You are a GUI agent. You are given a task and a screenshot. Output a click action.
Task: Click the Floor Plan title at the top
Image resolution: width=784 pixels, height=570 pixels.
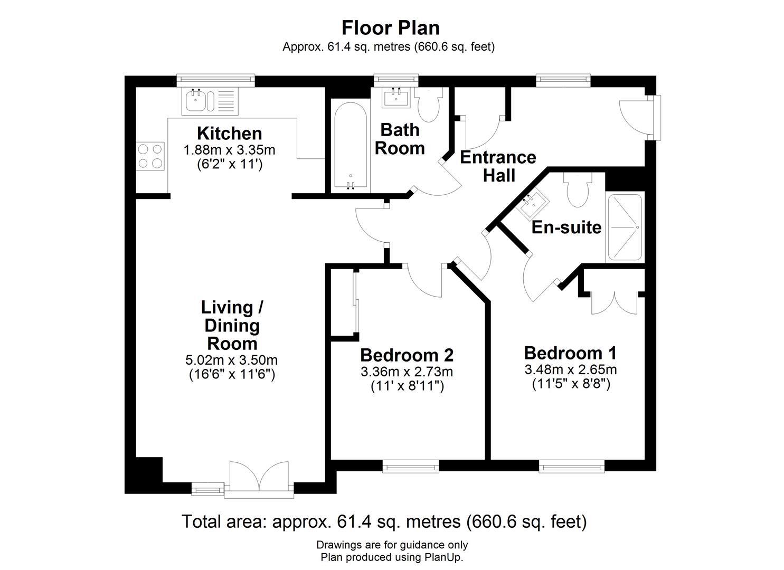pyautogui.click(x=390, y=27)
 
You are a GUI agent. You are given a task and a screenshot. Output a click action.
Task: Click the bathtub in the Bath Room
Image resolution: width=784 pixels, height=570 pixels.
pyautogui.click(x=350, y=146)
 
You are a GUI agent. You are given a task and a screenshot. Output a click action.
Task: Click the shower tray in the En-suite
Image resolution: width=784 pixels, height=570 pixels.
pyautogui.click(x=625, y=227)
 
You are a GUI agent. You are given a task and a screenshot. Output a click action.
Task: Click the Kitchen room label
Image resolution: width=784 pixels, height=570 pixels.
pyautogui.click(x=229, y=133)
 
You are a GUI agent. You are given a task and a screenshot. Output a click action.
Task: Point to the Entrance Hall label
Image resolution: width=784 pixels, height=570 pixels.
pyautogui.click(x=498, y=166)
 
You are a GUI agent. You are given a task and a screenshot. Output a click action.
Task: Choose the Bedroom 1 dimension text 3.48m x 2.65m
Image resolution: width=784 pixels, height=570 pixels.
pyautogui.click(x=570, y=369)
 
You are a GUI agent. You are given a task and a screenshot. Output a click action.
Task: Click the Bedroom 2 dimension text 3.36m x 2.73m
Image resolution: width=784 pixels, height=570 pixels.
pyautogui.click(x=407, y=372)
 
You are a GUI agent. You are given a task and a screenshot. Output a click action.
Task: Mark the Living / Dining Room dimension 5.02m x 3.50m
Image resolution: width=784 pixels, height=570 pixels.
pyautogui.click(x=231, y=360)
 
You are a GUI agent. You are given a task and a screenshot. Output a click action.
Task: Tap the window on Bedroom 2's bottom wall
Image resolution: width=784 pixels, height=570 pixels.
pyautogui.click(x=411, y=466)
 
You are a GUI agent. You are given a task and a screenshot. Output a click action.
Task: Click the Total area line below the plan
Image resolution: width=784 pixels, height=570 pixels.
pyautogui.click(x=384, y=521)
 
